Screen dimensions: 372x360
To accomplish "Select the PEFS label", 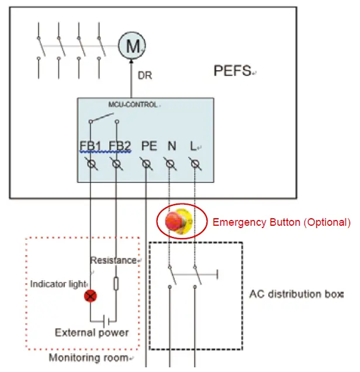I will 233,71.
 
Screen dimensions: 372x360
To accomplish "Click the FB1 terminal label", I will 91,146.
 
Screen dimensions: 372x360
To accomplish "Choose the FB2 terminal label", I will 119,146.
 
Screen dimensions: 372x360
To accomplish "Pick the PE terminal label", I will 149,146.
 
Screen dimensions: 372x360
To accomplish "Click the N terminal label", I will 171,146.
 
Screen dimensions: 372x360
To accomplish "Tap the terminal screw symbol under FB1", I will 91,166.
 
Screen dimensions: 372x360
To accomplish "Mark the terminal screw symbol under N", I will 170,166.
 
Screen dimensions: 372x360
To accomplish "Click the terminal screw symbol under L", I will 196,166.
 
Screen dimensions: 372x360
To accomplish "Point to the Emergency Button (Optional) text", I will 281,222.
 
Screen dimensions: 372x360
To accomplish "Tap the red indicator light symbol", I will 90,297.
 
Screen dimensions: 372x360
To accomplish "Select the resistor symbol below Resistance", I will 116,284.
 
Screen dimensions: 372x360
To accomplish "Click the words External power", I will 91,333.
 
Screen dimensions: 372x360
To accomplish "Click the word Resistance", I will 113,260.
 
